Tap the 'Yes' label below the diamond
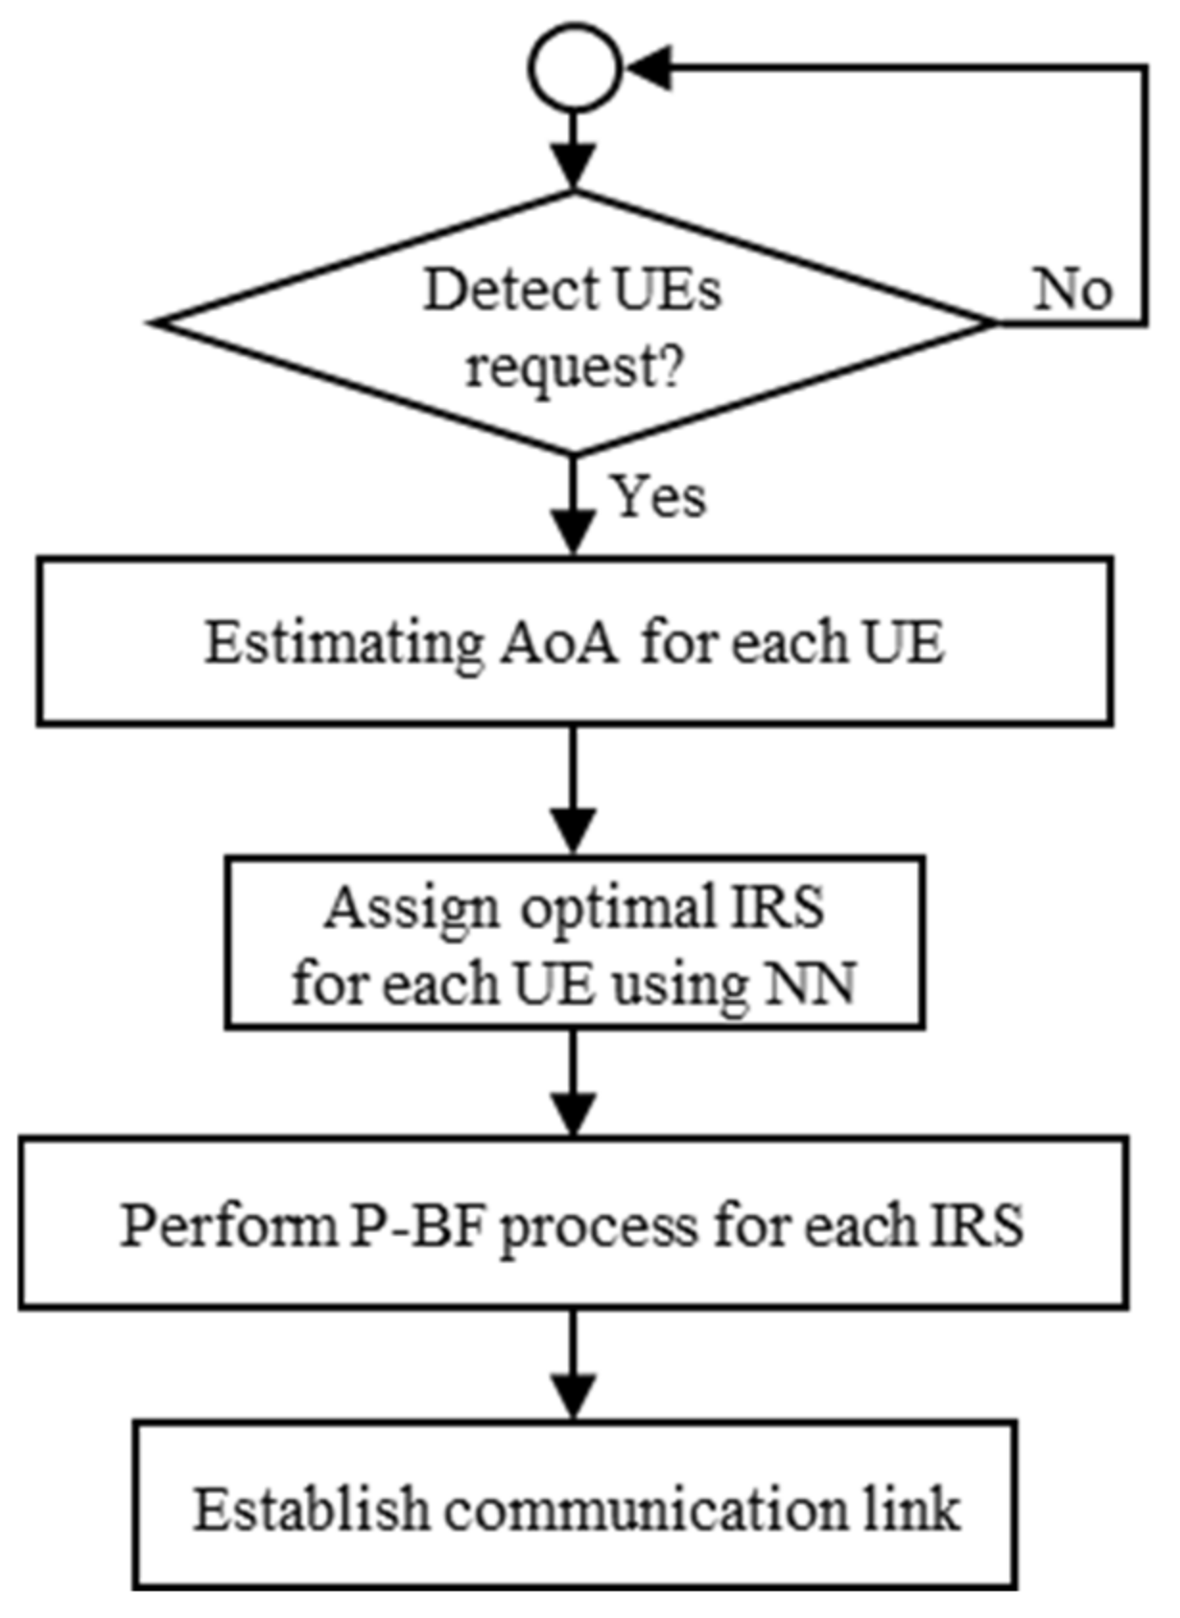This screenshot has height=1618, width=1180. tap(659, 497)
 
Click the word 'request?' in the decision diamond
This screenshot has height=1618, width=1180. tap(574, 366)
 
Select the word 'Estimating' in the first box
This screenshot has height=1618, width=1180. tap(342, 643)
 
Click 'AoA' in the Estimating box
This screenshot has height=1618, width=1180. tap(559, 643)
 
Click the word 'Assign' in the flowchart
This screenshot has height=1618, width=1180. tap(411, 908)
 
